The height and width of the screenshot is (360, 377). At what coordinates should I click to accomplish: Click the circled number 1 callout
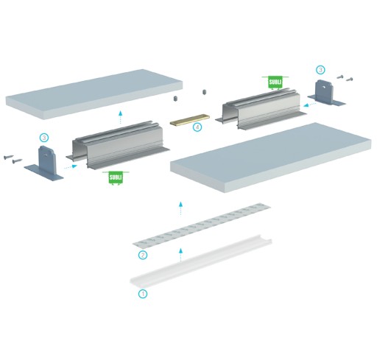tap(143, 294)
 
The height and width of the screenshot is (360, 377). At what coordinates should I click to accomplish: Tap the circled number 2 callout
tap(143, 255)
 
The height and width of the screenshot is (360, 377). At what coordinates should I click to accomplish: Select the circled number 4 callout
tap(197, 127)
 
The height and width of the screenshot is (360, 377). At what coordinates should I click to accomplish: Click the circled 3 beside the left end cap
tap(44, 138)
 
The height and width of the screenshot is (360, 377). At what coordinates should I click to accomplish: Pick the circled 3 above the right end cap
tap(320, 70)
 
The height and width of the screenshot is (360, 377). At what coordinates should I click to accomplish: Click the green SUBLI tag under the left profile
tap(116, 177)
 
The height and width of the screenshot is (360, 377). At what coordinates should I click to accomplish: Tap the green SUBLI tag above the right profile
tap(275, 82)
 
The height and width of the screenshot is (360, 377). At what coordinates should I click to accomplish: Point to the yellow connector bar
tap(190, 119)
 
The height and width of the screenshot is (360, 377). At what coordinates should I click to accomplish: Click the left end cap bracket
tap(44, 163)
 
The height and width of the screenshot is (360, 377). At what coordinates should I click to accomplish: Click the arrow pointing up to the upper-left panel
tap(120, 117)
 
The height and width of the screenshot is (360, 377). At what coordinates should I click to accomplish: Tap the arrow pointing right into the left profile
tap(71, 167)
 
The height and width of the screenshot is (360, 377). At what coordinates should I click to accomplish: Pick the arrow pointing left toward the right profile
tap(310, 105)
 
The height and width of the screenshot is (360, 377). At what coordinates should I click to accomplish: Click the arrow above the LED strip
tap(180, 209)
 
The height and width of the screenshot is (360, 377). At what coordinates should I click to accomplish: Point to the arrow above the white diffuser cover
tap(180, 255)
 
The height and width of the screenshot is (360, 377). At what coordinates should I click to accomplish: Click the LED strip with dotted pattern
tap(202, 225)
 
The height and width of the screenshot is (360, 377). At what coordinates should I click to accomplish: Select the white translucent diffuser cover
tap(201, 261)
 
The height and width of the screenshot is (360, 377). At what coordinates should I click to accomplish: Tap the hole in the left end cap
tap(46, 155)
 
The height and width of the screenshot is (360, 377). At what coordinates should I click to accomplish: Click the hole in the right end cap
tap(324, 87)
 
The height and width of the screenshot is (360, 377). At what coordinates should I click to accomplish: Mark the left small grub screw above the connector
tap(175, 99)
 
